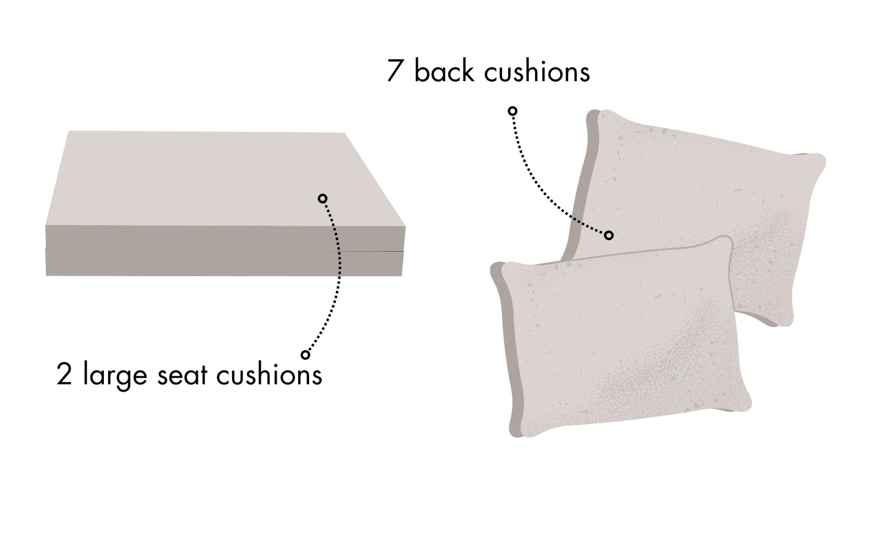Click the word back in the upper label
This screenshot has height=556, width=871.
[x=444, y=71]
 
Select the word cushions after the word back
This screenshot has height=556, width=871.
[x=537, y=71]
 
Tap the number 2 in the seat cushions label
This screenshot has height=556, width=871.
[x=64, y=375]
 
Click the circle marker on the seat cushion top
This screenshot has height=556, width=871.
[x=323, y=198]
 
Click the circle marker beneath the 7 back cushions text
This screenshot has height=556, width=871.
[x=513, y=111]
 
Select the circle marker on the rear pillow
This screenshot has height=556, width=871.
[x=608, y=235]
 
